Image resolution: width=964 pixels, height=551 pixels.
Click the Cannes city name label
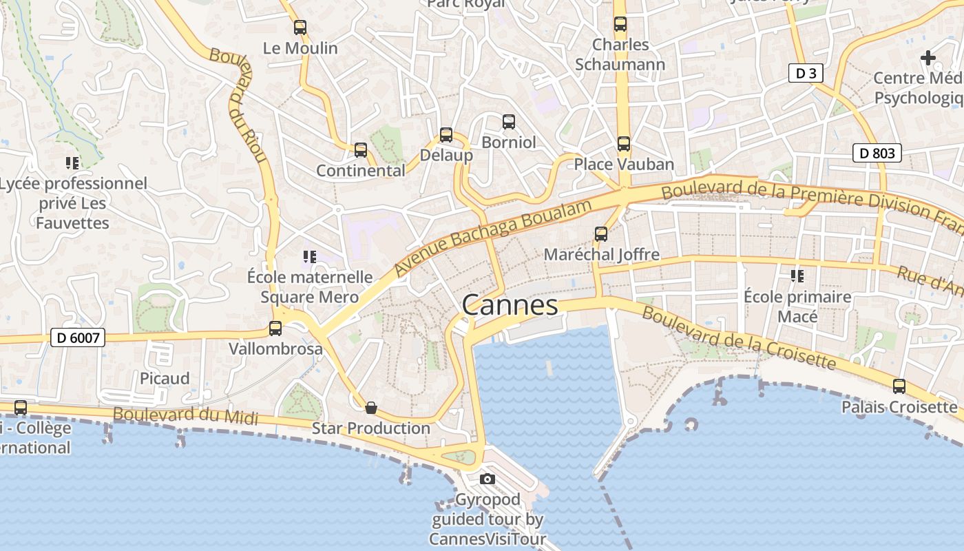point(510,305)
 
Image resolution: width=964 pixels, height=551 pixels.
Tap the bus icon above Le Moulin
point(300,28)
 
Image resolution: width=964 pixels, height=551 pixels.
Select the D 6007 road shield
point(78,338)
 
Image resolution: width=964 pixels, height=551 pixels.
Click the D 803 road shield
point(877,153)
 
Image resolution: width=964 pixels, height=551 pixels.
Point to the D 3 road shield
point(806,73)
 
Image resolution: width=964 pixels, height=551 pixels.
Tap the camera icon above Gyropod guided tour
point(488,479)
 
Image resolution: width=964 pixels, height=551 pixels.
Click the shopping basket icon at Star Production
point(371,408)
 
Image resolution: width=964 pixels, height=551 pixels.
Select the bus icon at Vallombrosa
point(275,329)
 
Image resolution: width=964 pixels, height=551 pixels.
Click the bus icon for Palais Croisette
point(899,386)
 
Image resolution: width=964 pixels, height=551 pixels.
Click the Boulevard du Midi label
point(185,415)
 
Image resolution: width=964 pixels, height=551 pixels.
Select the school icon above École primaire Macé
point(797,276)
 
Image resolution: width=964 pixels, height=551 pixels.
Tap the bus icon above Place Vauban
point(623,143)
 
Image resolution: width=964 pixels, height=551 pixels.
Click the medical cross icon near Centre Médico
point(928,58)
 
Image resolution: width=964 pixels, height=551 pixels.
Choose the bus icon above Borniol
point(509,122)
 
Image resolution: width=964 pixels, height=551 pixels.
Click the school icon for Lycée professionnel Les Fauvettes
point(72,163)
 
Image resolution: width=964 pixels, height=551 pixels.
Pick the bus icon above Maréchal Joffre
point(601,234)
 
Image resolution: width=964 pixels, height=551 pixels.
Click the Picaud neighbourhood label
point(165,378)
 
